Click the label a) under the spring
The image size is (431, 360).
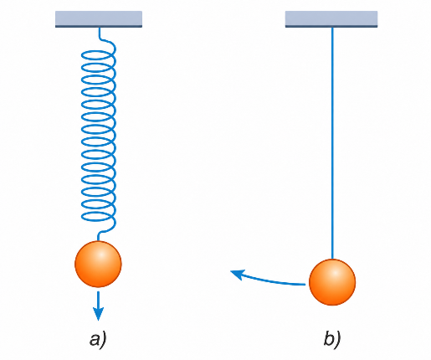[x=98, y=340]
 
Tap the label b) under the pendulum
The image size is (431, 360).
[x=332, y=339]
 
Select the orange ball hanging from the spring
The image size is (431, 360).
[x=98, y=264]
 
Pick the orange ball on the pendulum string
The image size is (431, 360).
[x=332, y=282]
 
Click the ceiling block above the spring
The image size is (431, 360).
[x=99, y=19]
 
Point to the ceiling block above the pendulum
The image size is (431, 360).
[x=331, y=19]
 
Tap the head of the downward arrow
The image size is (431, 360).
[x=98, y=314]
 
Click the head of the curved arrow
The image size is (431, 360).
[x=237, y=274]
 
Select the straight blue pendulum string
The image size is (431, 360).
[x=332, y=143]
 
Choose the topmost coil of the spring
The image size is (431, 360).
[x=98, y=55]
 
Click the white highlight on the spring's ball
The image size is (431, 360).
[x=101, y=255]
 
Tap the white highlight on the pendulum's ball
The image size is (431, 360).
[x=336, y=273]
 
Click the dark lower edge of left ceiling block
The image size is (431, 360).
[x=99, y=26]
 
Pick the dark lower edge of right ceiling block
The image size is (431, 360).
[x=331, y=26]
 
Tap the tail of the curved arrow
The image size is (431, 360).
[x=305, y=285]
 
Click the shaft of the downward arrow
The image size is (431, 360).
[x=98, y=300]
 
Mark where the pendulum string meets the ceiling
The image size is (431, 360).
[x=332, y=28]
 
